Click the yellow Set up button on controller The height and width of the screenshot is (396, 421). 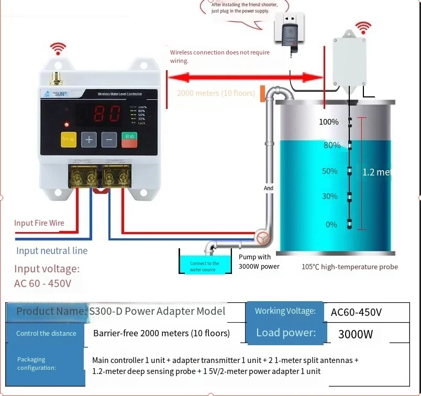(x=69, y=139)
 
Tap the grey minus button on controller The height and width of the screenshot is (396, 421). (x=109, y=139)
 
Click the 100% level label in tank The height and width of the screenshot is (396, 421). (x=329, y=122)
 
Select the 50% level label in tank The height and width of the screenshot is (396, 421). (x=329, y=171)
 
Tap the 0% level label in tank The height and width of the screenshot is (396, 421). (x=331, y=224)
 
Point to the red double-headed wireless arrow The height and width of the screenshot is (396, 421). (x=246, y=78)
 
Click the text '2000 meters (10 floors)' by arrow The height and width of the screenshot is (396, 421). (x=216, y=93)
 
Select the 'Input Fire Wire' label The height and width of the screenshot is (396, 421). (x=39, y=223)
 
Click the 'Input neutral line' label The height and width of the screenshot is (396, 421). (x=52, y=250)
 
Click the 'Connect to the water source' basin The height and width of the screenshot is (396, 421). (x=204, y=265)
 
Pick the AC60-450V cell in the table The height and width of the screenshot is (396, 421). (x=356, y=313)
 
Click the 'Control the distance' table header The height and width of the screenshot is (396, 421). (x=46, y=334)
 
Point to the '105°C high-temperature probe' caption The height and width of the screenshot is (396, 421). (x=349, y=267)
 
